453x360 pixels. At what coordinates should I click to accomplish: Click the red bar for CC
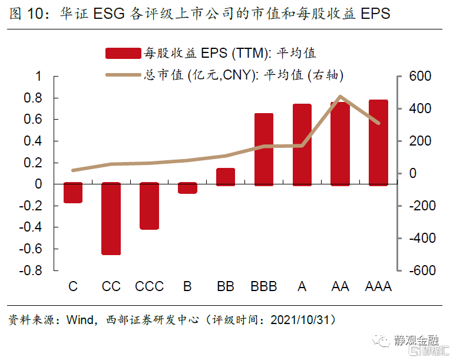[111, 219]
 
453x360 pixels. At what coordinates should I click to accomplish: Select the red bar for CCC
[149, 206]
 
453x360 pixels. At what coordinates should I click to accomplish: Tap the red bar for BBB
[263, 150]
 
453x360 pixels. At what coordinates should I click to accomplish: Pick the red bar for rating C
[73, 193]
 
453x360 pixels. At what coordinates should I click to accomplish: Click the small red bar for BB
[226, 177]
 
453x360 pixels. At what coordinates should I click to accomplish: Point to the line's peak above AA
[340, 97]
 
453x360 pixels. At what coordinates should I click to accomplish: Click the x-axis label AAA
[378, 287]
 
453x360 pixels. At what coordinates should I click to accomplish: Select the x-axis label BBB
[263, 287]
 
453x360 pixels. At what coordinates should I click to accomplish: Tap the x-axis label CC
[111, 287]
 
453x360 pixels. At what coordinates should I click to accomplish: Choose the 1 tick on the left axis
[39, 77]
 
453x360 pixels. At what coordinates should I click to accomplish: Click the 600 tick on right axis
[421, 77]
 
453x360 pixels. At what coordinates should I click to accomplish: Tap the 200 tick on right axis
[421, 141]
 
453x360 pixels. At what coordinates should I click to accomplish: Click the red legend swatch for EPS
[123, 53]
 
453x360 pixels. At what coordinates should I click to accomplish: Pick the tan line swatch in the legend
[123, 75]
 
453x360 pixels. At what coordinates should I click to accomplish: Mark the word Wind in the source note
[80, 321]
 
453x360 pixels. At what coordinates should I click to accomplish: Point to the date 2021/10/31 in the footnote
[302, 321]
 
